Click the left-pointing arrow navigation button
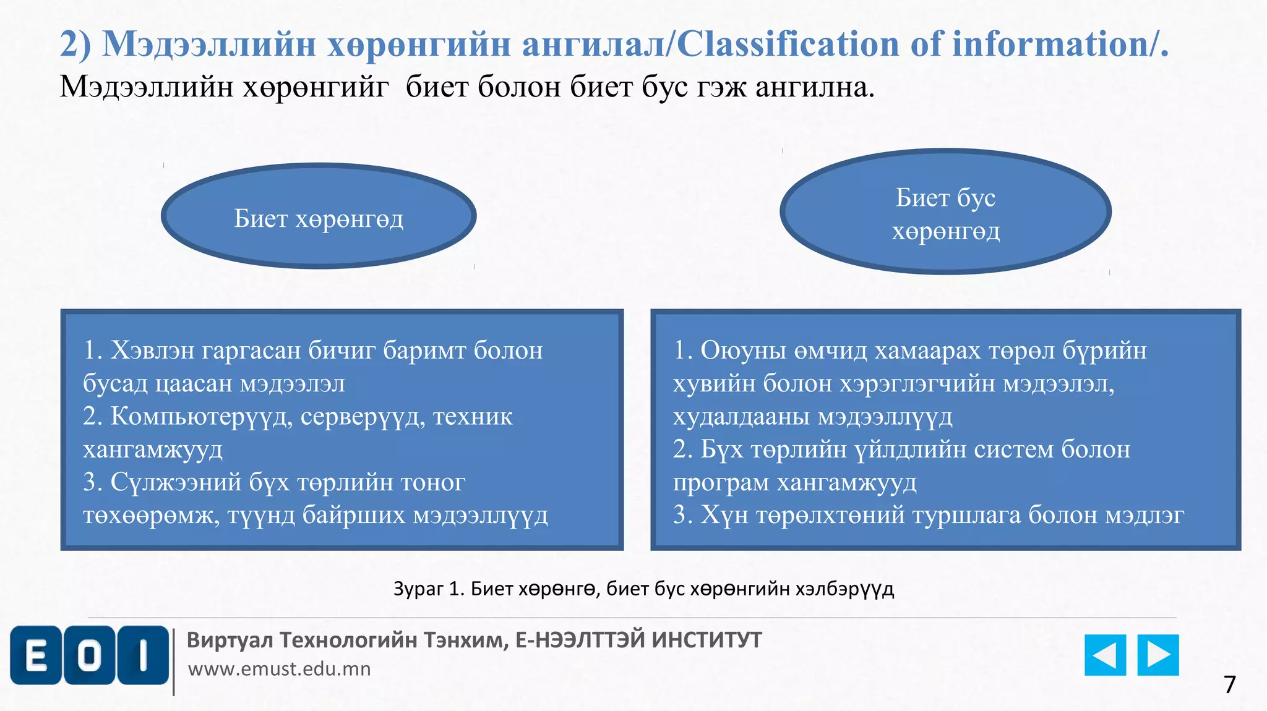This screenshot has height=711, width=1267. click(1105, 655)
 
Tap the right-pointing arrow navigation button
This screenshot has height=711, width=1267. click(1157, 655)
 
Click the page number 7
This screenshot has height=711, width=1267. click(1229, 684)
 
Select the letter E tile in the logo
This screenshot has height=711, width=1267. click(36, 655)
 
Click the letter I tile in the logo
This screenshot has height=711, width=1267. click(143, 655)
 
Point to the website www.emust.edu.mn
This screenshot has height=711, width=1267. click(279, 669)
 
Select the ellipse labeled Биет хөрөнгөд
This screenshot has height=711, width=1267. click(319, 216)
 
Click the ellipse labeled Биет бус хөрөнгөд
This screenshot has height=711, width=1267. click(945, 212)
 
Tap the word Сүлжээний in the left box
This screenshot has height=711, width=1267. click(176, 482)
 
